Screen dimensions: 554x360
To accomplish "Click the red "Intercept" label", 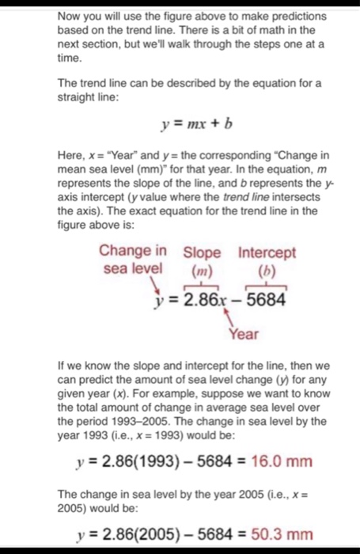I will pos(267,252).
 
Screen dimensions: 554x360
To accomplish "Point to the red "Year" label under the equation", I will pos(244,335).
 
